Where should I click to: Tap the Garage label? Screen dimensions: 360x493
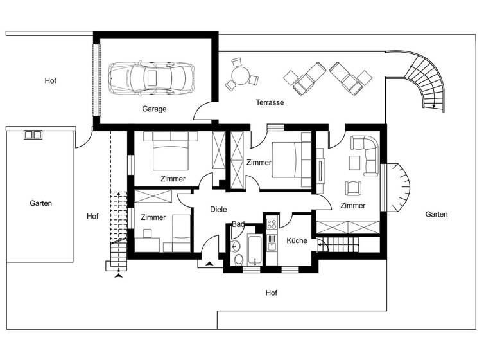(x=154, y=109)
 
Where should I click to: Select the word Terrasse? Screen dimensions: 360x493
(x=270, y=102)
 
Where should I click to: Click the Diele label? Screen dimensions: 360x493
(x=219, y=209)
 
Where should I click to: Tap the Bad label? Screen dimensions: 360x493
(x=238, y=224)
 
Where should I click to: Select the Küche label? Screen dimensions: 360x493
(x=297, y=240)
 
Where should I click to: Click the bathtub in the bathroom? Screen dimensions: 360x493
(x=254, y=250)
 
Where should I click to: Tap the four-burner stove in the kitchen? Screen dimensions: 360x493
(x=272, y=224)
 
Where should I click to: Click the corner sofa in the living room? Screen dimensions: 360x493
(x=366, y=154)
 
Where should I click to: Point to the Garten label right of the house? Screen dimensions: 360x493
(x=437, y=215)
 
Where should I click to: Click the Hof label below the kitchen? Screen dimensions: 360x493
(x=272, y=293)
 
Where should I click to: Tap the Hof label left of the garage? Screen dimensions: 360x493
(x=50, y=81)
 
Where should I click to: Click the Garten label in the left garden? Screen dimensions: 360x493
(x=40, y=203)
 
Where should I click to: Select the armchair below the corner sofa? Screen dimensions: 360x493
(x=354, y=188)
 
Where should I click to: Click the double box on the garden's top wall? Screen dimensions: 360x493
(x=33, y=134)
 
